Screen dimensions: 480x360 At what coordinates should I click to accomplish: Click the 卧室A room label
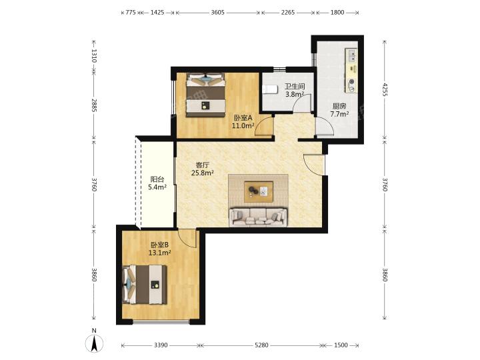click(x=243, y=117)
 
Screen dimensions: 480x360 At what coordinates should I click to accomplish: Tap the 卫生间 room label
click(x=295, y=87)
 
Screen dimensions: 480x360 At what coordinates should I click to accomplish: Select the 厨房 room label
click(x=339, y=106)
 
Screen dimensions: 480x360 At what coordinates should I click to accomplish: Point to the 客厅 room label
click(x=203, y=165)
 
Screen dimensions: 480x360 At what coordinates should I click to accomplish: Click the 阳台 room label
click(x=157, y=179)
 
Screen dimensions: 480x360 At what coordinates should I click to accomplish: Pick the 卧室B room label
click(x=159, y=245)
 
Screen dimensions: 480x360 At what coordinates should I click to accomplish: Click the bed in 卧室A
click(x=206, y=95)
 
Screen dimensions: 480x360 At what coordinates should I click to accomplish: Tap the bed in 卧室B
click(x=145, y=285)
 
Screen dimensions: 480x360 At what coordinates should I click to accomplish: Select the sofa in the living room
click(x=259, y=217)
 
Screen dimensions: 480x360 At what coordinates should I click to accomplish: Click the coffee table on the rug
click(x=259, y=191)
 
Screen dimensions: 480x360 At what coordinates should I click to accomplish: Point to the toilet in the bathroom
click(x=269, y=89)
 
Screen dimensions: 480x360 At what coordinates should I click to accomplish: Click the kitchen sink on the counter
click(x=352, y=56)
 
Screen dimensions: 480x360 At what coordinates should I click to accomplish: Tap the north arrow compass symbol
click(x=95, y=343)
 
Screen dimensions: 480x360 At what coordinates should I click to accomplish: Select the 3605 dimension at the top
click(x=218, y=13)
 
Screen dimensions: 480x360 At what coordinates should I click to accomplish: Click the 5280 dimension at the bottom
click(x=261, y=345)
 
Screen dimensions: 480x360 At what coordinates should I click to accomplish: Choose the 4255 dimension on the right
click(x=385, y=90)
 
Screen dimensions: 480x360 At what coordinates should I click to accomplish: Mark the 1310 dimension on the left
click(x=94, y=56)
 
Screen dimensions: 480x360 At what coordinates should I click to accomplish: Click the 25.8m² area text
click(x=203, y=173)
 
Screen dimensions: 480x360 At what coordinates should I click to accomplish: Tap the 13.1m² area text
click(x=159, y=253)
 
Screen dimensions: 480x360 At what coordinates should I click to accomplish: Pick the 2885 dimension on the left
click(x=94, y=105)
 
